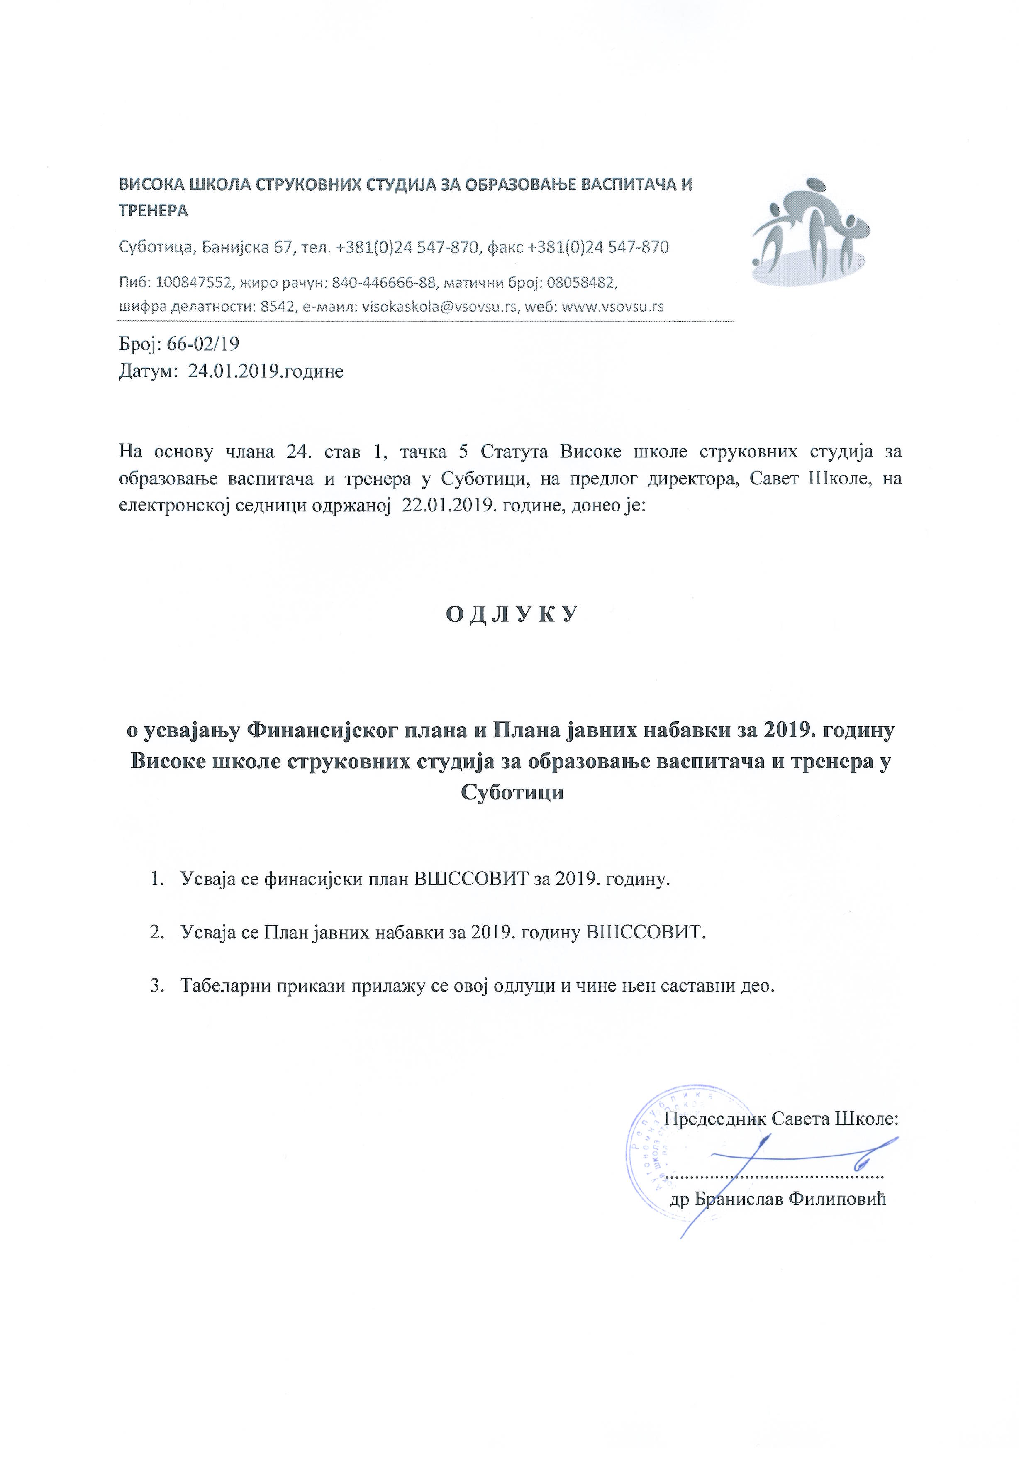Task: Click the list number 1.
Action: pos(155,880)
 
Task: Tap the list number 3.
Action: pos(155,986)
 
